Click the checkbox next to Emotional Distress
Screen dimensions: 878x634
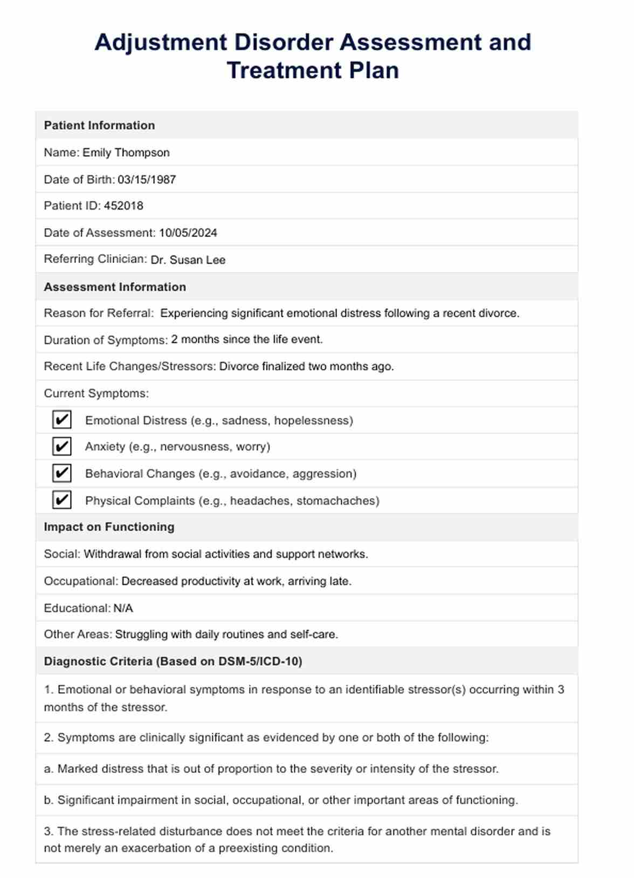pos(62,420)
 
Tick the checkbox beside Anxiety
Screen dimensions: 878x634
pos(62,447)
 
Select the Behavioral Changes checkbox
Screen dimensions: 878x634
pos(62,473)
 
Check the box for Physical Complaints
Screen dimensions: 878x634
pos(62,500)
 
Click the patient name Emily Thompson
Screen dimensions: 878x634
pos(126,152)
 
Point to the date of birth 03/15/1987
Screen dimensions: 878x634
pos(147,179)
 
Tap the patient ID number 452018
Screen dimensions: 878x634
pos(123,206)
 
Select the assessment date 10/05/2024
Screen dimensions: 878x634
pos(188,233)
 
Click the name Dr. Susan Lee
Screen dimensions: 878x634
pos(188,260)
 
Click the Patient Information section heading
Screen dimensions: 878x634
pos(99,125)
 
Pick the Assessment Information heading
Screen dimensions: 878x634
pos(115,287)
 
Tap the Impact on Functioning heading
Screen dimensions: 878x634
pos(109,527)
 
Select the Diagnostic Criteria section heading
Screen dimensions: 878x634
pos(173,661)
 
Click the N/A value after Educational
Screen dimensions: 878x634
pos(123,608)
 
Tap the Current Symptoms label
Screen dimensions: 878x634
pos(96,393)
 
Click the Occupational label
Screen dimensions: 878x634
pos(80,581)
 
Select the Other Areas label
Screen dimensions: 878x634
pos(78,634)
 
